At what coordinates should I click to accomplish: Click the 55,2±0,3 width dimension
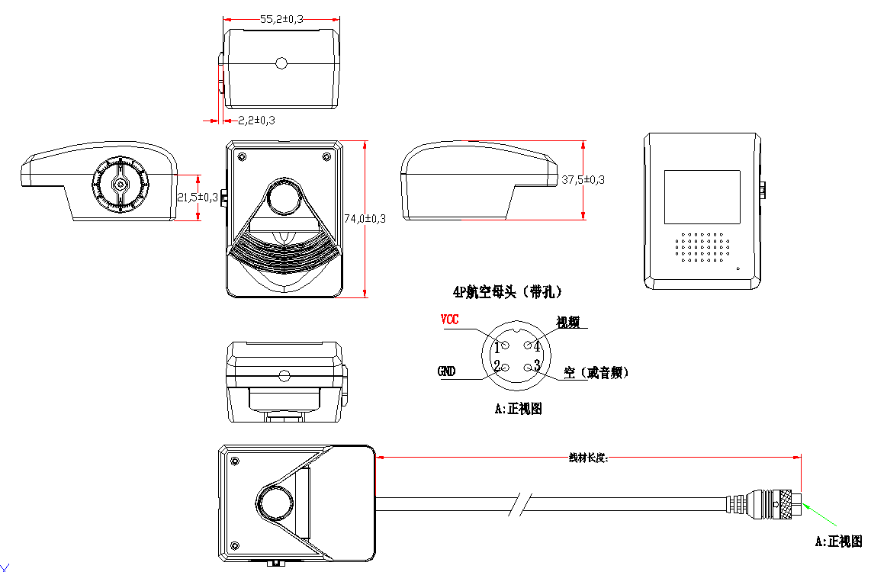pyautogui.click(x=281, y=18)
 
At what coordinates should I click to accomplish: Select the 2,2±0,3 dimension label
pyautogui.click(x=256, y=120)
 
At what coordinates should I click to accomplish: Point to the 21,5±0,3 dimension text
pyautogui.click(x=198, y=197)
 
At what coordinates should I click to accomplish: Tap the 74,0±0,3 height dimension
pyautogui.click(x=365, y=219)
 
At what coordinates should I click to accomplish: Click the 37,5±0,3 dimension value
pyautogui.click(x=583, y=180)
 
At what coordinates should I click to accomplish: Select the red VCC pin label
pyautogui.click(x=450, y=320)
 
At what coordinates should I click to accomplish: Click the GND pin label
pyautogui.click(x=446, y=371)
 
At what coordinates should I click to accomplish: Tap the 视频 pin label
pyautogui.click(x=568, y=322)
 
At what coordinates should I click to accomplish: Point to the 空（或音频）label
pyautogui.click(x=596, y=373)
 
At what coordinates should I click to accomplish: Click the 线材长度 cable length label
pyautogui.click(x=588, y=458)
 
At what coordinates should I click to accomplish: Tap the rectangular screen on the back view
pyautogui.click(x=702, y=197)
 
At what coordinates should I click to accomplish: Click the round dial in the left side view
pyautogui.click(x=120, y=184)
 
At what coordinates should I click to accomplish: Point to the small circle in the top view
pyautogui.click(x=281, y=63)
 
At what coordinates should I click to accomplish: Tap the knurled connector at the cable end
pyautogui.click(x=784, y=504)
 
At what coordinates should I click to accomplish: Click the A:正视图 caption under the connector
pyautogui.click(x=519, y=409)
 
